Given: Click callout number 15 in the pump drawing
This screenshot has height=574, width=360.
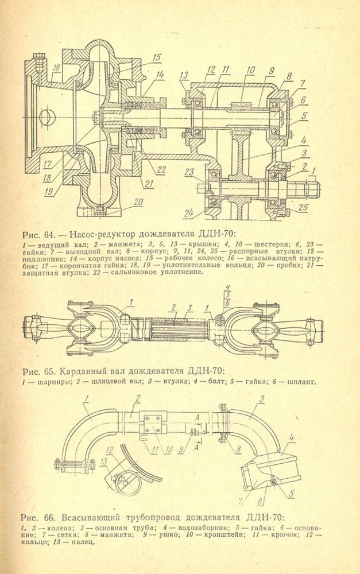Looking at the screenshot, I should coord(157,56).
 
